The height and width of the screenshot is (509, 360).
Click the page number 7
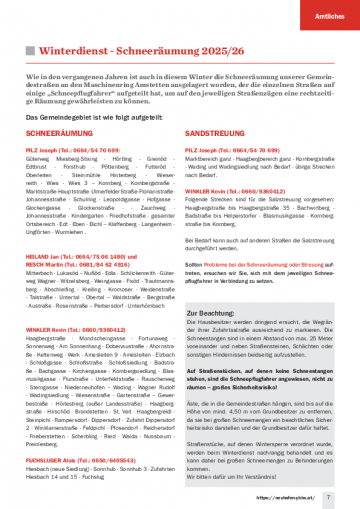click(x=328, y=494)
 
